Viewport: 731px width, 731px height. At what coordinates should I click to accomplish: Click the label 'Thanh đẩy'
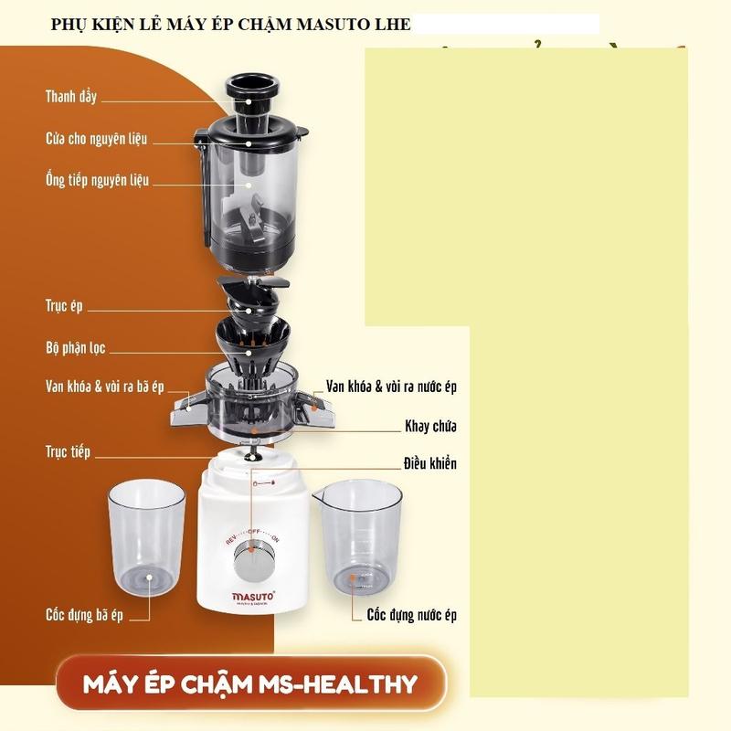coord(71,96)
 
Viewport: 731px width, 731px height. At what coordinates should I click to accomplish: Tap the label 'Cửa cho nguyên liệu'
coord(96,139)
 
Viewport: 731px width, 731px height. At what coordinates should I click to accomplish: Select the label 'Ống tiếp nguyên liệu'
coord(97,180)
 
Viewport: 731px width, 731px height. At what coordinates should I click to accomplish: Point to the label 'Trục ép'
coord(64,306)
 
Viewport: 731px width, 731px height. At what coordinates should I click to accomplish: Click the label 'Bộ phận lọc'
coord(76,348)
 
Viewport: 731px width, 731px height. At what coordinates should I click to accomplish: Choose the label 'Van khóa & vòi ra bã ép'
coord(104,387)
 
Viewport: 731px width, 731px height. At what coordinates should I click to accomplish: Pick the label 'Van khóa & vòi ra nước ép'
coord(391,387)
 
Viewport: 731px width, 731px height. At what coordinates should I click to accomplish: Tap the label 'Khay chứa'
coord(430,426)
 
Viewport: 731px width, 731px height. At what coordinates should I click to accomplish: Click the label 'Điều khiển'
coord(430,464)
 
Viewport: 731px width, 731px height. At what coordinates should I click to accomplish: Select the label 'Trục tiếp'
coord(68,451)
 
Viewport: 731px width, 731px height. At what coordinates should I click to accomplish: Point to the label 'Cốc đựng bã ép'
coord(84,615)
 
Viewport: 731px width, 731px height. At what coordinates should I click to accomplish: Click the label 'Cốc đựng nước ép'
coord(411,615)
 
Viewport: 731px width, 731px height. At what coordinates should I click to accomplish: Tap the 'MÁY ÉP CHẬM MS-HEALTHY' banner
coord(249,683)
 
